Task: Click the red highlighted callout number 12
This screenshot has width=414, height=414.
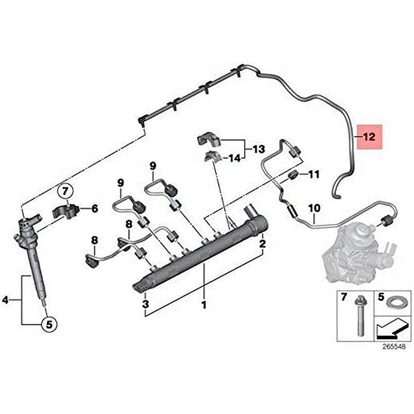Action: (368, 137)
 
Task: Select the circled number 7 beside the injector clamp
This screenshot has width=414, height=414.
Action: (66, 191)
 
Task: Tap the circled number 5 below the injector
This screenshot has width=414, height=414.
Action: (48, 324)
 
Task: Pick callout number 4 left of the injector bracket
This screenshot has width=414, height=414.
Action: (6, 299)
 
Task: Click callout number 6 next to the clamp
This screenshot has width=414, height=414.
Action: (94, 209)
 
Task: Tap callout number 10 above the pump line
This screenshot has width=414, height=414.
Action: (314, 208)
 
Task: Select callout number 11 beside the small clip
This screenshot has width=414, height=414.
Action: (314, 174)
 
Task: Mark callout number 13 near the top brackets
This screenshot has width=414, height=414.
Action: (258, 150)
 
